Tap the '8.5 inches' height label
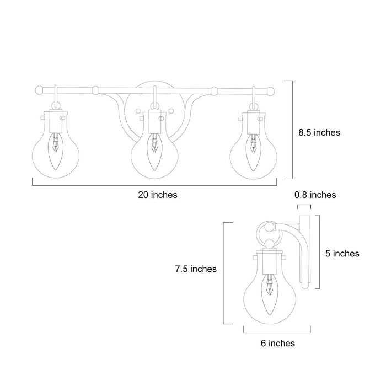[x=319, y=132]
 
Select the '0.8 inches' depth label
[x=315, y=195]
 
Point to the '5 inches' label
[x=342, y=254]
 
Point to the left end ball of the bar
[x=40, y=89]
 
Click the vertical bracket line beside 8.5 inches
[x=291, y=130]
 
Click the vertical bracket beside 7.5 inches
[x=224, y=273]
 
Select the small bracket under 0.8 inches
[x=304, y=206]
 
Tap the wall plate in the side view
[x=302, y=251]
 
